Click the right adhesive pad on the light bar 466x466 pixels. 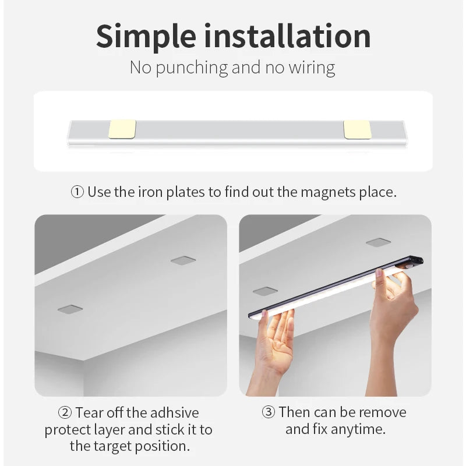tap(357, 129)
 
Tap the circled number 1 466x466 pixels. tap(77, 192)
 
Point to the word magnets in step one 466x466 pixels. tap(327, 192)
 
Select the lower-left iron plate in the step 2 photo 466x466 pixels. tap(70, 309)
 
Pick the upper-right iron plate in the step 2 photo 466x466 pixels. tap(183, 260)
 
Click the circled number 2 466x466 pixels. tap(65, 413)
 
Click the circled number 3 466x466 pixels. tap(269, 412)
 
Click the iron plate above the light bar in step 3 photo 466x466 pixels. tap(378, 242)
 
